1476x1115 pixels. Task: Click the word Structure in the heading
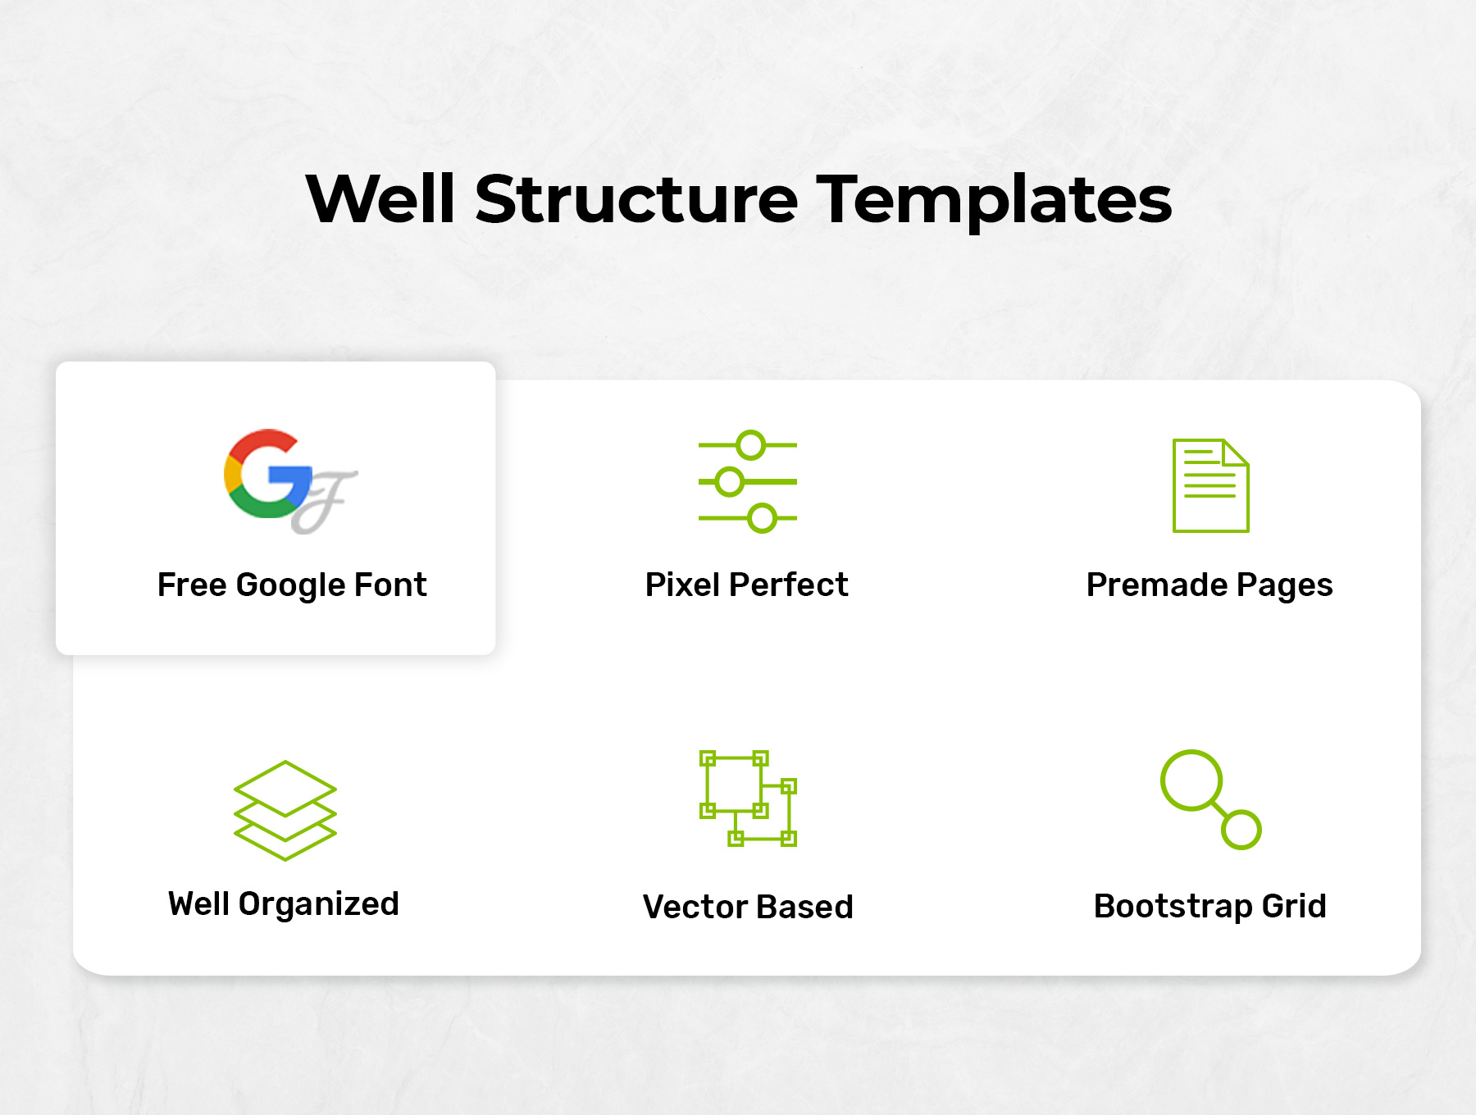click(636, 199)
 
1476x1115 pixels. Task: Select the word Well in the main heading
click(380, 199)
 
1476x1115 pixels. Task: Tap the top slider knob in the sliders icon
click(750, 445)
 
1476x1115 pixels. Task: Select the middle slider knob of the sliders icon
click(729, 481)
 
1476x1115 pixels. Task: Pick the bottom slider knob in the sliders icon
click(762, 518)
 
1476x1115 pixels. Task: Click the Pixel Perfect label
click(746, 585)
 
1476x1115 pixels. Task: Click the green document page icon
click(1210, 485)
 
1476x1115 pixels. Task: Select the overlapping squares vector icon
click(748, 798)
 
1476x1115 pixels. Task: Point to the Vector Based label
click(748, 907)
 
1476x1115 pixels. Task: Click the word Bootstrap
click(1173, 907)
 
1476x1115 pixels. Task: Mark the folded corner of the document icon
click(1236, 453)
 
